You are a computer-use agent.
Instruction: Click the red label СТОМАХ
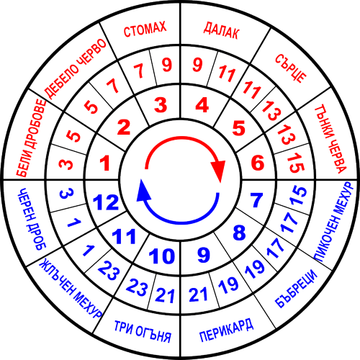pyautogui.click(x=145, y=30)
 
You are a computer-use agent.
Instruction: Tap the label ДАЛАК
pyautogui.click(x=221, y=30)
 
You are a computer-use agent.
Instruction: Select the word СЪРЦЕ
pyautogui.click(x=291, y=68)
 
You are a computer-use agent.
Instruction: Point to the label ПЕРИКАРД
pyautogui.click(x=227, y=330)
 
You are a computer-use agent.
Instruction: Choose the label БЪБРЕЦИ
pyautogui.click(x=296, y=289)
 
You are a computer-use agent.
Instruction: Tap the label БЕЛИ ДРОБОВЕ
pyautogui.click(x=31, y=138)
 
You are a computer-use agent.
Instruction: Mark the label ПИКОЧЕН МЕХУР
pyautogui.click(x=334, y=221)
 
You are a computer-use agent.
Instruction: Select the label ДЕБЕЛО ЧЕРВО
pyautogui.click(x=76, y=68)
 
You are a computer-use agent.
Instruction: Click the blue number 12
pyautogui.click(x=106, y=202)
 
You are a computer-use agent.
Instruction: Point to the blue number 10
pyautogui.click(x=162, y=256)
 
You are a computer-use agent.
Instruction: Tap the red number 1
pyautogui.click(x=105, y=163)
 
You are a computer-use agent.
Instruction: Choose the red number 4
pyautogui.click(x=202, y=105)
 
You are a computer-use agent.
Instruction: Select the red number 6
pyautogui.click(x=258, y=163)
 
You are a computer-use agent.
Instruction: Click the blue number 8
pyautogui.click(x=239, y=232)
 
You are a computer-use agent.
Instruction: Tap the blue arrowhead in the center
pyautogui.click(x=143, y=191)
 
